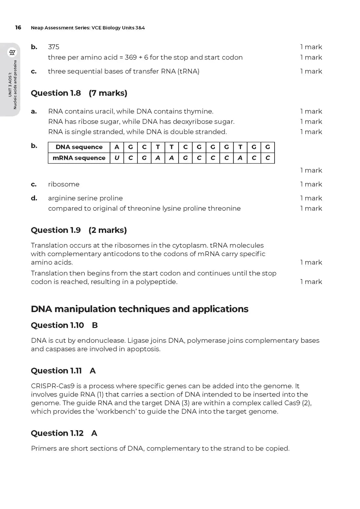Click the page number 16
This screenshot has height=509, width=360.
(x=18, y=28)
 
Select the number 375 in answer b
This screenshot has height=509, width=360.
(x=54, y=47)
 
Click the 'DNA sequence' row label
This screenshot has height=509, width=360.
(x=79, y=147)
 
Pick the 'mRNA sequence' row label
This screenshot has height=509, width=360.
(x=79, y=158)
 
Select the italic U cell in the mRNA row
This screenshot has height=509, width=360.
(x=117, y=158)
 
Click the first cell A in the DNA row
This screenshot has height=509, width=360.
(x=117, y=147)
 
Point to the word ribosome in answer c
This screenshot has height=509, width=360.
(x=64, y=184)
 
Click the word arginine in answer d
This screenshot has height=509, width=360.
(x=60, y=199)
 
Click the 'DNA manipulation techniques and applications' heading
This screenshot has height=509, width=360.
(x=139, y=309)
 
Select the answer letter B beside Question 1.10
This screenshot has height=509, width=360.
(x=95, y=325)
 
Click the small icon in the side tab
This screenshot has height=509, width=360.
(x=12, y=52)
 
